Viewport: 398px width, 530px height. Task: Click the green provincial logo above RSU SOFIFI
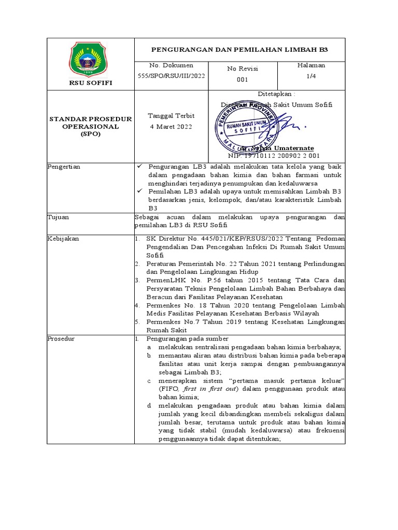pyautogui.click(x=90, y=58)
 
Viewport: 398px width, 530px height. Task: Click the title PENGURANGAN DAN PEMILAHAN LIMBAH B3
pyautogui.click(x=239, y=49)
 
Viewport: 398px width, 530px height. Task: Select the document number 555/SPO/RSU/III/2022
pyautogui.click(x=170, y=76)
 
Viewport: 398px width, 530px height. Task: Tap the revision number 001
pyautogui.click(x=243, y=80)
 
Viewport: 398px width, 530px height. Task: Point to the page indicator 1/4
pyautogui.click(x=311, y=76)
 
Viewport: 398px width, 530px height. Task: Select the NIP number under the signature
pyautogui.click(x=274, y=155)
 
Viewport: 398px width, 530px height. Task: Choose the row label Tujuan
pyautogui.click(x=58, y=217)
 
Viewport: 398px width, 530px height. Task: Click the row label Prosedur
pyautogui.click(x=61, y=339)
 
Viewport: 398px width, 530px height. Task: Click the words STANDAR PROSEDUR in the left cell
pyautogui.click(x=90, y=119)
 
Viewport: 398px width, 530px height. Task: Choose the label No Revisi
pyautogui.click(x=243, y=68)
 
